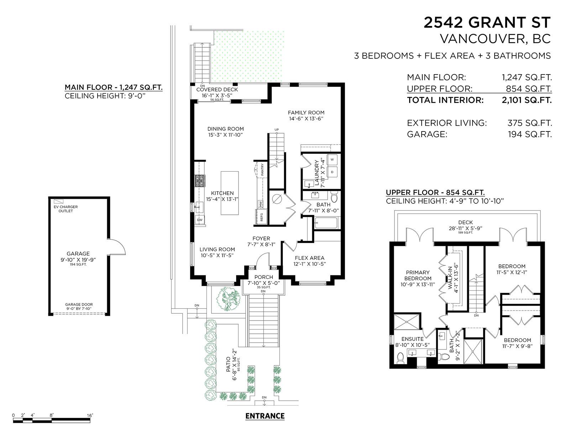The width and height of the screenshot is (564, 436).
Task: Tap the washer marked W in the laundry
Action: click(332, 160)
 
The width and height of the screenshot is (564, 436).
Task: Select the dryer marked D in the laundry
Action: click(332, 172)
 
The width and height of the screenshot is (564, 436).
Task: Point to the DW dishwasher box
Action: click(200, 220)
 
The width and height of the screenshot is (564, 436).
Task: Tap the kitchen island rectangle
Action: click(230, 193)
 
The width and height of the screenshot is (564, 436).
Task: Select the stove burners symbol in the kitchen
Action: click(199, 181)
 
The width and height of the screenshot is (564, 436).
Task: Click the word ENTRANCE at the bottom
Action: click(265, 416)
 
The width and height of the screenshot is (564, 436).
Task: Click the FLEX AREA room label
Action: click(309, 258)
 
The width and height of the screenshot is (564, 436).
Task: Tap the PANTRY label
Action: click(262, 170)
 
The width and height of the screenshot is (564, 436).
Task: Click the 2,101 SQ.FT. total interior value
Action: click(527, 100)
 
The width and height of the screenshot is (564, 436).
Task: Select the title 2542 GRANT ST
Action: click(487, 22)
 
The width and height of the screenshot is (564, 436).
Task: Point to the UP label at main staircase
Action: click(276, 129)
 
